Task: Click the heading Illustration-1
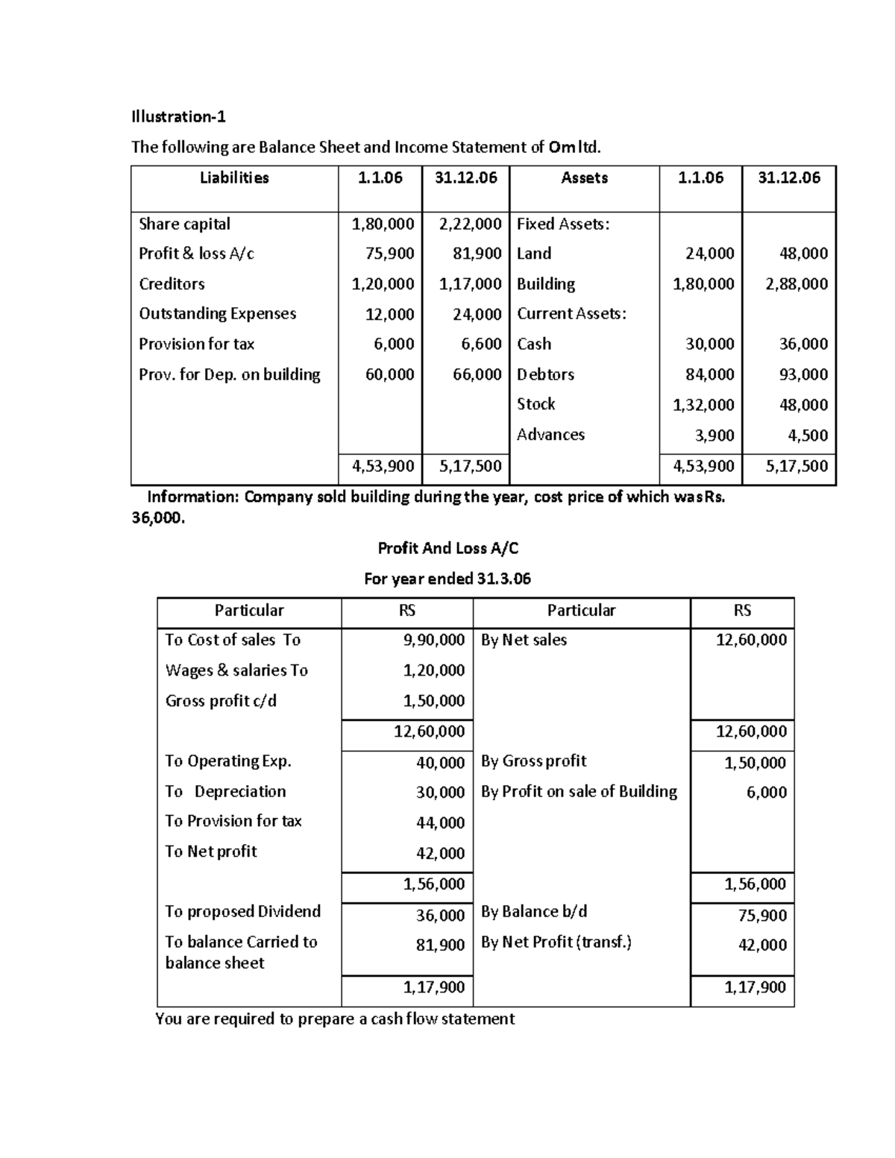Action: pyautogui.click(x=178, y=116)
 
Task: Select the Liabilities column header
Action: pyautogui.click(x=234, y=177)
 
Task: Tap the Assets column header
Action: pyautogui.click(x=584, y=177)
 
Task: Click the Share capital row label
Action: pyautogui.click(x=184, y=224)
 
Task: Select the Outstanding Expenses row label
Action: pyautogui.click(x=217, y=314)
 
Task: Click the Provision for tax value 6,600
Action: pyautogui.click(x=477, y=344)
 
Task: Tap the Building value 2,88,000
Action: pyautogui.click(x=797, y=284)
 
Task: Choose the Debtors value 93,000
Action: pyautogui.click(x=803, y=374)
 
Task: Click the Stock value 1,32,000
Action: pyautogui.click(x=703, y=405)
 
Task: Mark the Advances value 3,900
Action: pyautogui.click(x=714, y=435)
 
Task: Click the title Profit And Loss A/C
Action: pyautogui.click(x=447, y=549)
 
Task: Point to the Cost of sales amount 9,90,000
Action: pyautogui.click(x=433, y=640)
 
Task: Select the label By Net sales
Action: pyautogui.click(x=524, y=640)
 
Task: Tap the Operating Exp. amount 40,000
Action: pyautogui.click(x=440, y=762)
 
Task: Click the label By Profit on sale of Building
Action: pyautogui.click(x=579, y=791)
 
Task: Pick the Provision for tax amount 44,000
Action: pyautogui.click(x=440, y=822)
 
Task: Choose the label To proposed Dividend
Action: pyautogui.click(x=242, y=911)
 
